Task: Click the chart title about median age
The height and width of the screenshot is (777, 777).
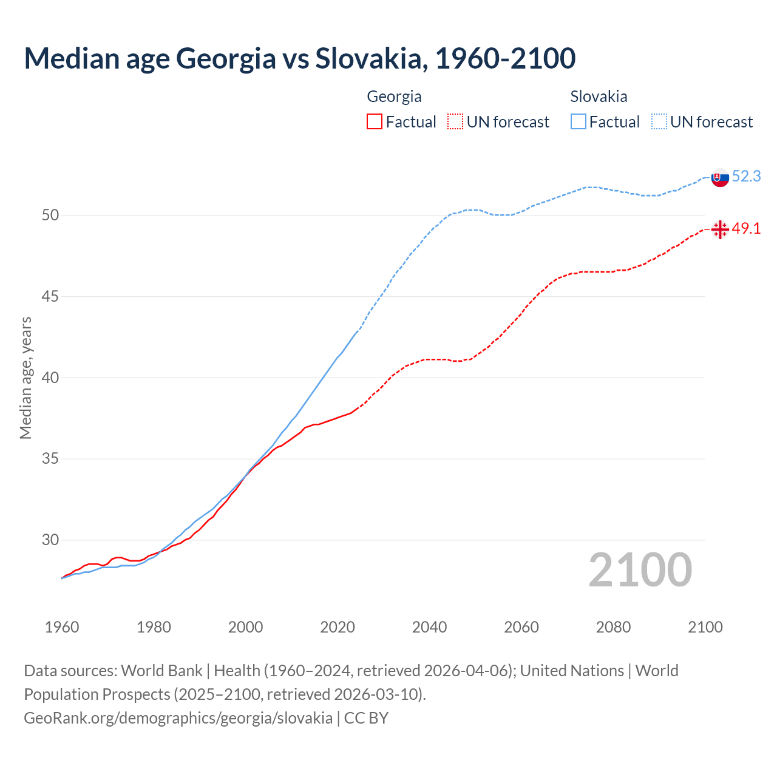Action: pos(300,59)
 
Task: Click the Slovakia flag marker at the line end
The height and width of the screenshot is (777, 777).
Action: pos(720,178)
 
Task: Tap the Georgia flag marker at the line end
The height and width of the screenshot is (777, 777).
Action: pos(720,229)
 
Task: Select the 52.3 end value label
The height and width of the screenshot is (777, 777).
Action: pos(746,176)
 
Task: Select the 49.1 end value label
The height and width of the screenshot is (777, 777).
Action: pos(746,229)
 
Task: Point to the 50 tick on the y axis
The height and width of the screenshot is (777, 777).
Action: pos(50,215)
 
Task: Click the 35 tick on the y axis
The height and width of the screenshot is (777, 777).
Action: pos(50,459)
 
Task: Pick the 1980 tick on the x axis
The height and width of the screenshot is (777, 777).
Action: pos(154,627)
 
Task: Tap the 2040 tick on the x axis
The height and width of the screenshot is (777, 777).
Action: pos(429,627)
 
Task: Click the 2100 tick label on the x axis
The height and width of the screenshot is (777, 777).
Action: pos(705,627)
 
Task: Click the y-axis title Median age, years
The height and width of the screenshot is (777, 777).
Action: pos(25,378)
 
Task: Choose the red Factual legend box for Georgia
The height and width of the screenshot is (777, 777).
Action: pos(375,121)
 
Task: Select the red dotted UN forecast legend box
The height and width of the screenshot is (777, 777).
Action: pos(455,121)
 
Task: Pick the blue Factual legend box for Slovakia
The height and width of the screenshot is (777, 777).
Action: pos(579,121)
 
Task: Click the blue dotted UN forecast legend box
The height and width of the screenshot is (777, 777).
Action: pos(659,121)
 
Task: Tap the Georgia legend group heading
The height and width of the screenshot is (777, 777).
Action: pos(394,97)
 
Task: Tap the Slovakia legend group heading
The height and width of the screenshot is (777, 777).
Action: pos(599,97)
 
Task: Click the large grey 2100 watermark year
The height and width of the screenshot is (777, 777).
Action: pos(640,570)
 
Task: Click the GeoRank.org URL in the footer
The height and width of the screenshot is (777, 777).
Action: pos(178,718)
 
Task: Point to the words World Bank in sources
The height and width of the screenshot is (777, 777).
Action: pos(161,671)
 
